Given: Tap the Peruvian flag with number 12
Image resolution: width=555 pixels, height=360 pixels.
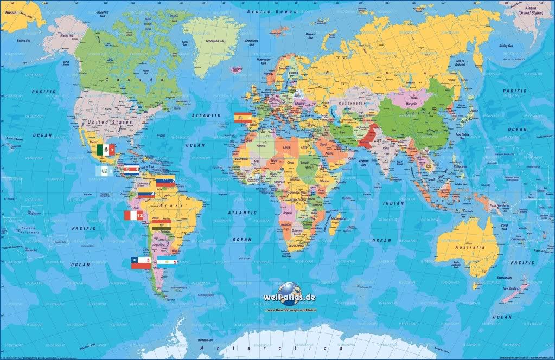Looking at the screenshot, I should point(134,216).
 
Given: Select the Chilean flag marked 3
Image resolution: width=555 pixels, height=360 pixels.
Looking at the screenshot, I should point(141,263).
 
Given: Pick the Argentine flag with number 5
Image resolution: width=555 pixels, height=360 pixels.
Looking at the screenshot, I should point(167,263).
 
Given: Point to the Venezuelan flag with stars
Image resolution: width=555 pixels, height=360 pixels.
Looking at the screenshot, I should point(165,182).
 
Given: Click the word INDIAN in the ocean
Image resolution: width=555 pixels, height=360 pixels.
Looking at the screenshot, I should point(392,203).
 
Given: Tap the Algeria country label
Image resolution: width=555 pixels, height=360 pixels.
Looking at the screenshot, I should point(261,145).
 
